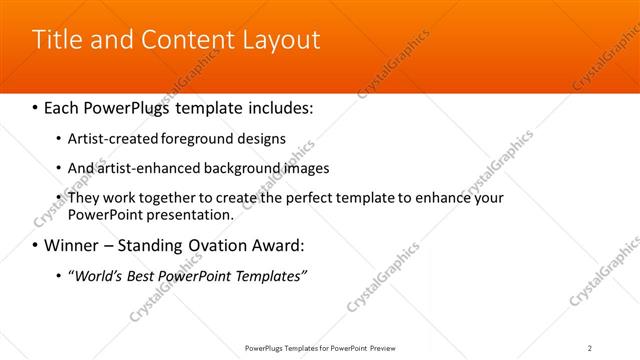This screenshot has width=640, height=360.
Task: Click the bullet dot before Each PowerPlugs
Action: [x=37, y=105]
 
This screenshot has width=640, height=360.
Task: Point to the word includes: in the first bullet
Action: [x=283, y=105]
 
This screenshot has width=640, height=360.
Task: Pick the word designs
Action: [x=261, y=138]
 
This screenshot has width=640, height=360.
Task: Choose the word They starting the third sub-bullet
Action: [x=84, y=198]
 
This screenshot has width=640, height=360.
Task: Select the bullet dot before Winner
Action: [x=37, y=245]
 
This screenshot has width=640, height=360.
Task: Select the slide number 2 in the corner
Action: [x=590, y=348]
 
